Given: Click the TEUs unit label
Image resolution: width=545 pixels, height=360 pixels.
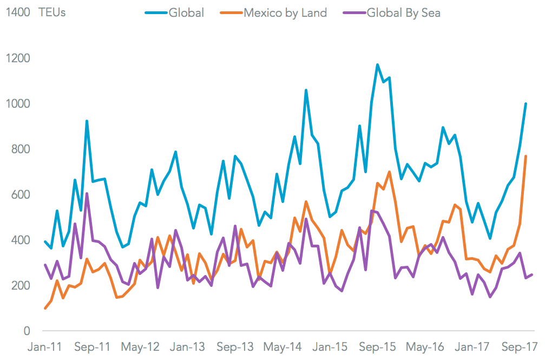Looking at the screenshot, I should [x=52, y=12].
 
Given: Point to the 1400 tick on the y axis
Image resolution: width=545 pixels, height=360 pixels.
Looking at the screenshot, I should [x=18, y=12].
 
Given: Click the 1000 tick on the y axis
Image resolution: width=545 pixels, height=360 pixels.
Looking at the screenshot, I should [x=18, y=103].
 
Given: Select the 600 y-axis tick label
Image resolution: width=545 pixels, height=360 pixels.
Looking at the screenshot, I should [x=21, y=194].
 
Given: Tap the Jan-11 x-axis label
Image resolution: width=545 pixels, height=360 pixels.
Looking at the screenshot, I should [x=45, y=346].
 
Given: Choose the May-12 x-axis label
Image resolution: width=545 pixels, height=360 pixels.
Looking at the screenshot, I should [x=141, y=346].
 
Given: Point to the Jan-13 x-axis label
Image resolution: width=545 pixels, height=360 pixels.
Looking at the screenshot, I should [x=188, y=346].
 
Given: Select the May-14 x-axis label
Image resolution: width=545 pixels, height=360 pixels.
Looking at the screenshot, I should [x=284, y=346].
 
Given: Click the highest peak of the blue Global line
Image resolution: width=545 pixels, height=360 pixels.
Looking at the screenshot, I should [x=377, y=65].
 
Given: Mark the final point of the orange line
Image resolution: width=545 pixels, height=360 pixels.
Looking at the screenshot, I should [x=526, y=156].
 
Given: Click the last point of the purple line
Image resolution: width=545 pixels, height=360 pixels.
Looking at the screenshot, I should [x=532, y=274].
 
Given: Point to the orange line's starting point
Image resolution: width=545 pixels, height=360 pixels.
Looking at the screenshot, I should [x=45, y=308].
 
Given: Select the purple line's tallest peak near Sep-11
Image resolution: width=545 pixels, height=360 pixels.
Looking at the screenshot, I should [x=87, y=194].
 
